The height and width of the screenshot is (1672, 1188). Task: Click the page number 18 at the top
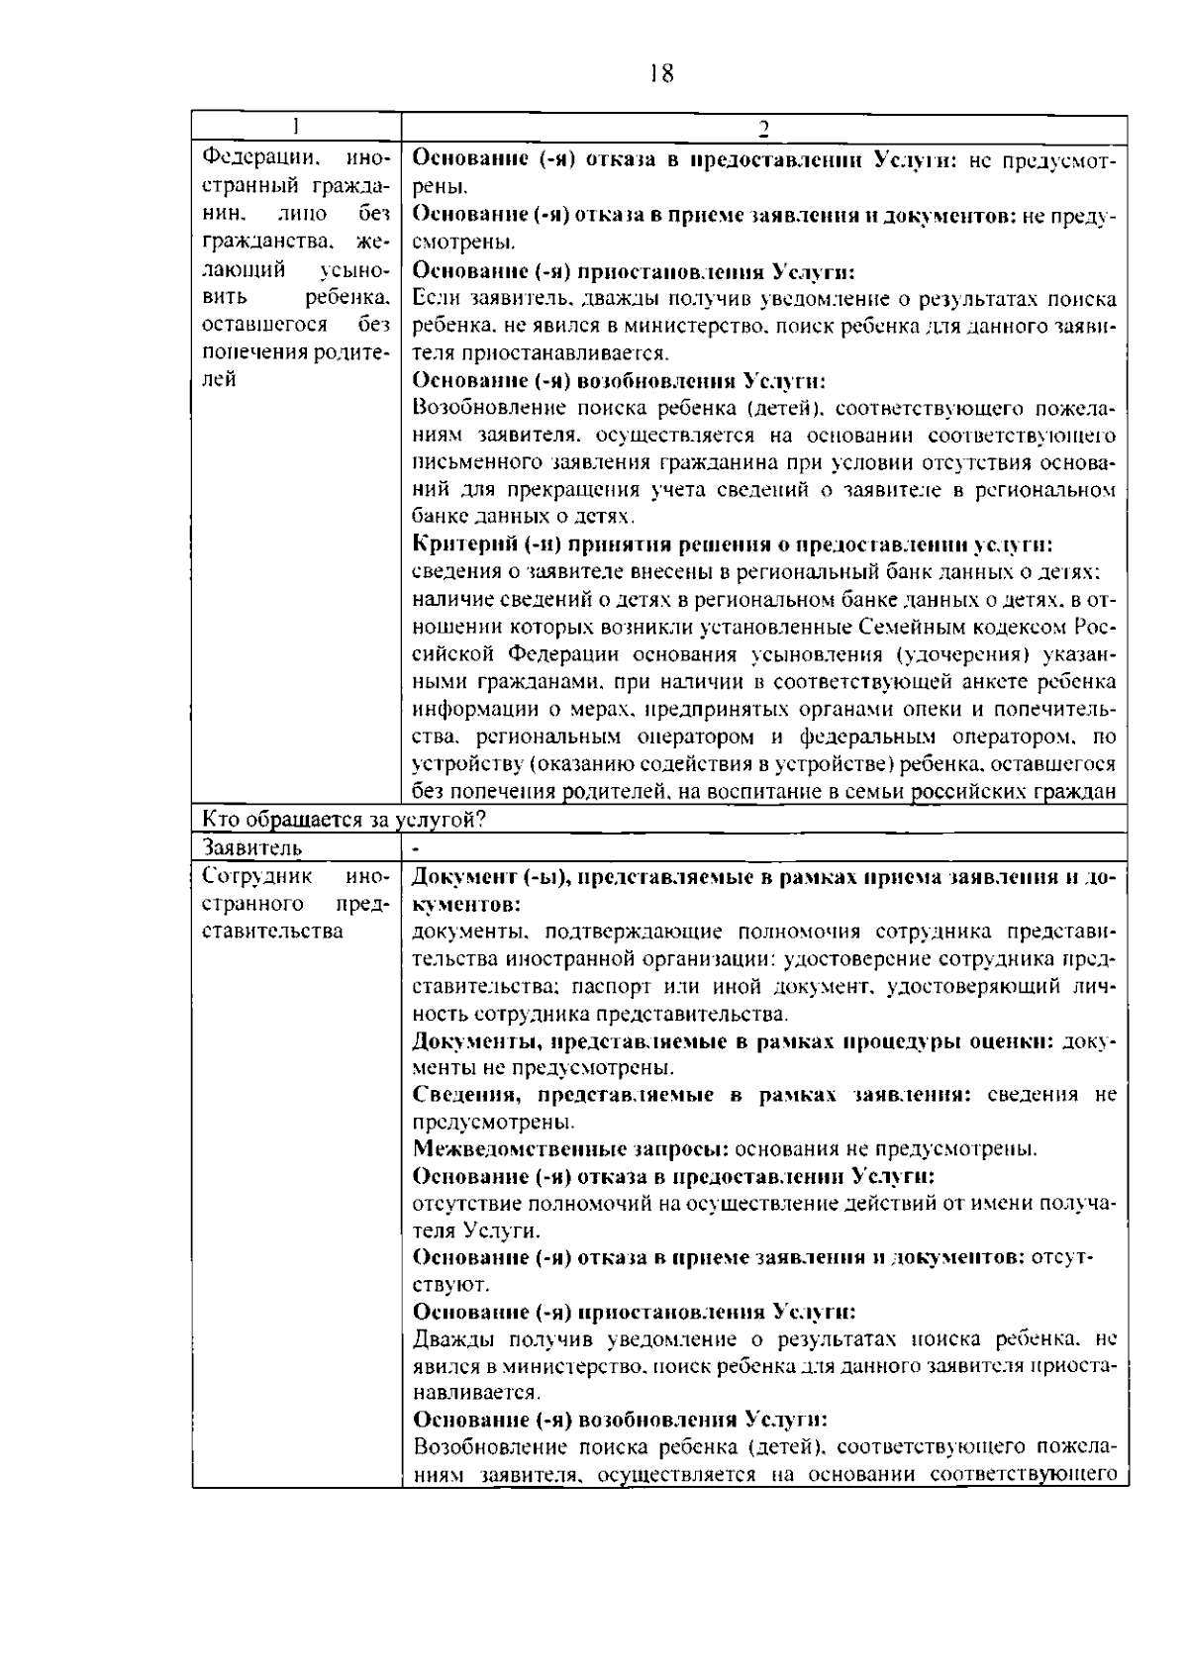point(662,73)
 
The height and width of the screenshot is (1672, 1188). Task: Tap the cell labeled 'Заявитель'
point(252,847)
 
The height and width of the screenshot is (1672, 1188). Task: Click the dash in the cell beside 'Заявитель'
point(417,847)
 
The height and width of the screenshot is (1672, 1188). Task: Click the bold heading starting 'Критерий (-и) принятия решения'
point(731,544)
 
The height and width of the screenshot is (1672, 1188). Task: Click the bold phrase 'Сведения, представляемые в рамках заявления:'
point(689,1095)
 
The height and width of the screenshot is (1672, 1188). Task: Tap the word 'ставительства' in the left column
point(272,931)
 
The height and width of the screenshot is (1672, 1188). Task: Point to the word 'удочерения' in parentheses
point(957,654)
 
